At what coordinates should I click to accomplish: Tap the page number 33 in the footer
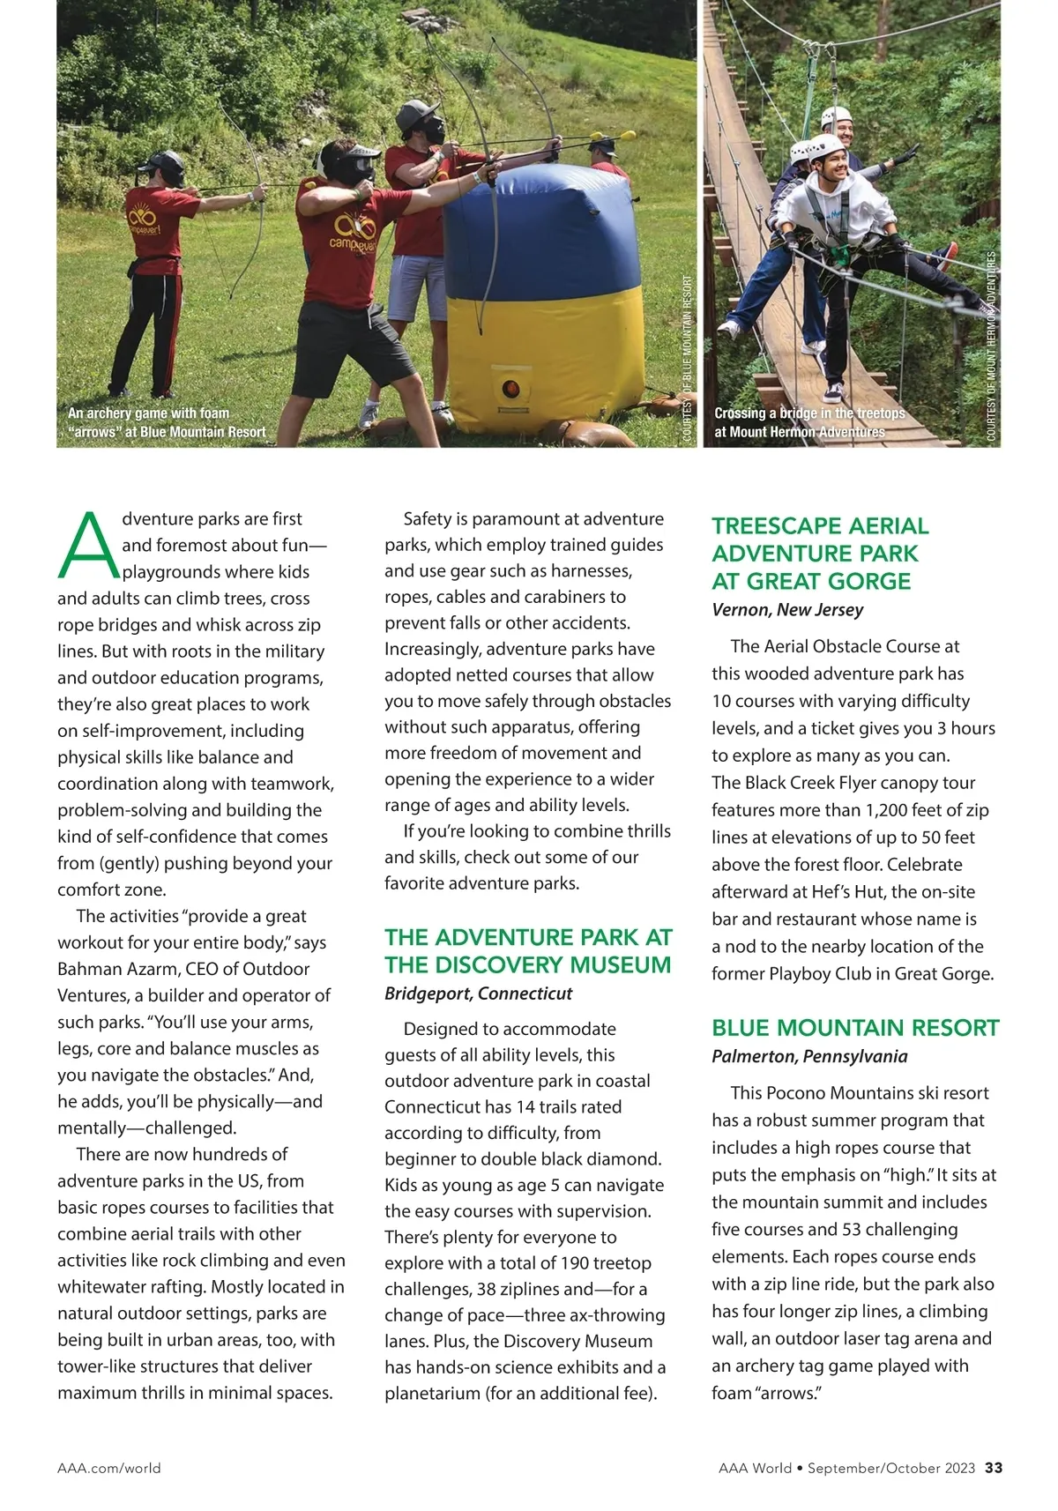pyautogui.click(x=994, y=1468)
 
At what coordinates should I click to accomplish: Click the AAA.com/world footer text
pyautogui.click(x=109, y=1468)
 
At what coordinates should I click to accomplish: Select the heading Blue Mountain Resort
pyautogui.click(x=855, y=1028)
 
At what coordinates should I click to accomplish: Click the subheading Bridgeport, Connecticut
pyautogui.click(x=478, y=993)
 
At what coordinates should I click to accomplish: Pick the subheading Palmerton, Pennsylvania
pyautogui.click(x=809, y=1056)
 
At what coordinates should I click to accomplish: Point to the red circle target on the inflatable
pyautogui.click(x=510, y=389)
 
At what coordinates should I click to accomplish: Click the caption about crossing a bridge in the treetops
pyautogui.click(x=808, y=422)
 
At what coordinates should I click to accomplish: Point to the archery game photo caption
pyautogui.click(x=167, y=422)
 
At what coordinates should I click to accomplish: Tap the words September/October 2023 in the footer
pyautogui.click(x=891, y=1468)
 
